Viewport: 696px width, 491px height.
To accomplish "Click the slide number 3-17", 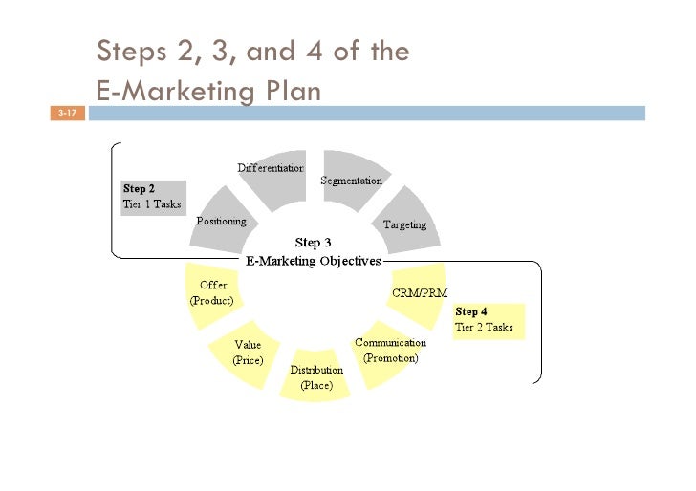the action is [67, 114].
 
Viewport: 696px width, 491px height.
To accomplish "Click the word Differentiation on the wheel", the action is [271, 168].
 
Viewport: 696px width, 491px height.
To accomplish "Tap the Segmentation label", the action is [351, 181].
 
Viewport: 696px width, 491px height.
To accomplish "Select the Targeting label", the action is [404, 224].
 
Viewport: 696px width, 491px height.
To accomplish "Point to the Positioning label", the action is [221, 221].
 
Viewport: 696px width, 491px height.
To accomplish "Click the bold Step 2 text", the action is [139, 188].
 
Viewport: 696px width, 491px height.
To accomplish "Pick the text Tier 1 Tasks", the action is [151, 203].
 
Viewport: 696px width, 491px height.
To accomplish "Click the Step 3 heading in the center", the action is [308, 243].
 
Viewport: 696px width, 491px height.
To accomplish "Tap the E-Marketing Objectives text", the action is [314, 260].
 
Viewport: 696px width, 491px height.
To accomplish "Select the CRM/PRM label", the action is [420, 292].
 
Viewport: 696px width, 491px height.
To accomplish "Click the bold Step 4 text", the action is [471, 311].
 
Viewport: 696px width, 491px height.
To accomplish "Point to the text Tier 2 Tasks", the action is [484, 327].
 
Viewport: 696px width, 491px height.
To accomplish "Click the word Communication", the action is [390, 342].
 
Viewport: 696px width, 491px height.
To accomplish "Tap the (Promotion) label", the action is [390, 358].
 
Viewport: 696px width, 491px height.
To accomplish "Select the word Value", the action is [248, 344].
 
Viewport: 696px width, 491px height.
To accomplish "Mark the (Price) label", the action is [248, 360].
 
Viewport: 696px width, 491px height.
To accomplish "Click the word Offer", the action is [212, 285].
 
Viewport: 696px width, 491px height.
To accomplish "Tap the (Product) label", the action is [211, 300].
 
